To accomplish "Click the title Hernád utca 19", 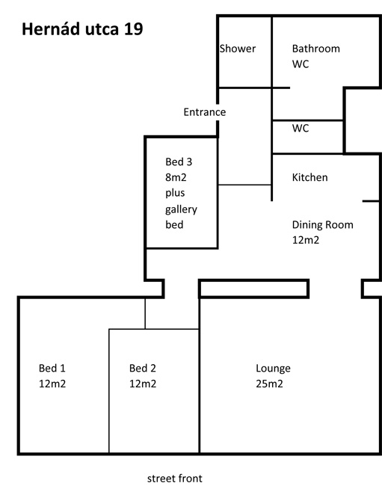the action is [x=82, y=29].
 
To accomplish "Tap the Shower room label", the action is [x=238, y=49].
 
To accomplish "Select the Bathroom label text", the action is [x=316, y=49].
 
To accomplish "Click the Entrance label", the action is [x=205, y=112].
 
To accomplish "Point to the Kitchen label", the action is [x=309, y=177].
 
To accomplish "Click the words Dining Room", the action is [x=322, y=225].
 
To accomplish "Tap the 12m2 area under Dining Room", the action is [x=306, y=240].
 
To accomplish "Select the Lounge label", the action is [x=274, y=369].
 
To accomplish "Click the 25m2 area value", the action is [x=270, y=384].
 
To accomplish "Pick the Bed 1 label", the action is [x=52, y=368].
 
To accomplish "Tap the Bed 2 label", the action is [x=143, y=368].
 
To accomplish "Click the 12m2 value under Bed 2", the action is [x=143, y=384].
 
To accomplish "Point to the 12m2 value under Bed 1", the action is [x=52, y=384].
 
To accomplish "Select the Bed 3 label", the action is [x=179, y=162].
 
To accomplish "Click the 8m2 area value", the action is [x=176, y=177].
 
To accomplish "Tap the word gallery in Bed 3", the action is [x=181, y=210].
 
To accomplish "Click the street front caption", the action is [x=175, y=479].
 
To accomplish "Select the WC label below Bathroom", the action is [x=301, y=64].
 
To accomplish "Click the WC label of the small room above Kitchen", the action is [x=301, y=128].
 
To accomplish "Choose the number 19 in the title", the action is [x=134, y=29].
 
